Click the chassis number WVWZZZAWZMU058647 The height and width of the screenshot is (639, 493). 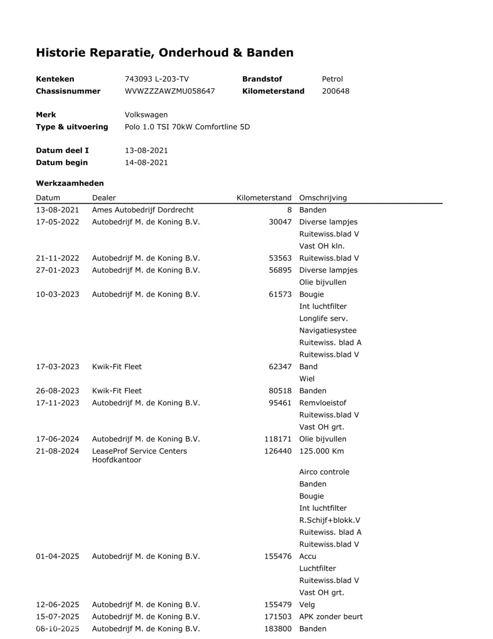point(169,91)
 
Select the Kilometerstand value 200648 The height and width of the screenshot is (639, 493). point(335,91)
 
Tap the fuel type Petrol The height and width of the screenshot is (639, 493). point(332,79)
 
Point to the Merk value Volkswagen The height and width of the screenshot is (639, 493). point(146,115)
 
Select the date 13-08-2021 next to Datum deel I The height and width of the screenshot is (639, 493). point(146,150)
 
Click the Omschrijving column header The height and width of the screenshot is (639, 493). point(323,198)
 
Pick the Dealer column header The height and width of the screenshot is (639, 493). point(104,198)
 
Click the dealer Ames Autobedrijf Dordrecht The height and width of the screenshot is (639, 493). point(143,210)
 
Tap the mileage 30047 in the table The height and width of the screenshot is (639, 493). point(280,222)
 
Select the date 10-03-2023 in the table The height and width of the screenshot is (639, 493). point(57,295)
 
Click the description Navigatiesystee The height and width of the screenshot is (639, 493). point(328,330)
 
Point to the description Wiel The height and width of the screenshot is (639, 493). point(307,379)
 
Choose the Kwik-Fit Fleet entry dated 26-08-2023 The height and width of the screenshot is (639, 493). point(117,391)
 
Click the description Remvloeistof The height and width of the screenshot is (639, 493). point(323,403)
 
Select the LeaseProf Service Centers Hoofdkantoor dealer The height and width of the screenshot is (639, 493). point(139,455)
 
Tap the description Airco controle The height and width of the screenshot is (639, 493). point(324,472)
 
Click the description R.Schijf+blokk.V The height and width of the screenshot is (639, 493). point(329,520)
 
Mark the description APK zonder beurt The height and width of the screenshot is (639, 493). point(330,617)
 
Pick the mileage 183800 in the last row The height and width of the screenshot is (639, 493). point(278,629)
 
